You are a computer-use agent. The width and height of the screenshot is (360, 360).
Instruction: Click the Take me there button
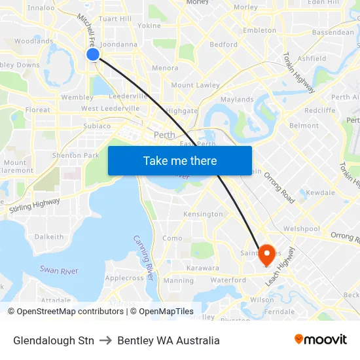pyautogui.click(x=179, y=160)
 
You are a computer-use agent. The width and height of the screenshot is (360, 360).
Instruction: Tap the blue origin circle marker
pyautogui.click(x=93, y=54)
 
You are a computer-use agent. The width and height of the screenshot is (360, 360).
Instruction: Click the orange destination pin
pyautogui.click(x=266, y=255)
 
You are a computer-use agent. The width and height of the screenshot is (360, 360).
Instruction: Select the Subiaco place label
pyautogui.click(x=98, y=126)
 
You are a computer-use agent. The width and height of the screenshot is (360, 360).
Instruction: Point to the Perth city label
pyautogui.click(x=164, y=135)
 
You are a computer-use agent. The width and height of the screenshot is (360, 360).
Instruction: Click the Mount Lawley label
pyautogui.click(x=195, y=85)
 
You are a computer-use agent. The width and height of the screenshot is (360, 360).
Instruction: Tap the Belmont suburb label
pyautogui.click(x=304, y=126)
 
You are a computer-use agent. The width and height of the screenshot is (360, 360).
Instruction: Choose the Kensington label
pyautogui.click(x=203, y=214)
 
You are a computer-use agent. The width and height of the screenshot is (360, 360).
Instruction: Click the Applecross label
pyautogui.click(x=124, y=278)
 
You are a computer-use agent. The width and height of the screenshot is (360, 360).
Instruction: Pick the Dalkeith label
pyautogui.click(x=49, y=237)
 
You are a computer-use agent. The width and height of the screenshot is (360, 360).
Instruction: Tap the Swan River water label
pyautogui.click(x=59, y=270)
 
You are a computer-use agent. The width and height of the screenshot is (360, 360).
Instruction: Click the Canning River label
pyautogui.click(x=143, y=258)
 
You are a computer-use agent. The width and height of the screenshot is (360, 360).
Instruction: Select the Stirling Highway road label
pyautogui.click(x=35, y=207)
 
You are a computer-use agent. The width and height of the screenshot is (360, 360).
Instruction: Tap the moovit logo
pyautogui.click(x=321, y=340)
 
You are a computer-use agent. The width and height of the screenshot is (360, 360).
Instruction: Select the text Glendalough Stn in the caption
pyautogui.click(x=53, y=340)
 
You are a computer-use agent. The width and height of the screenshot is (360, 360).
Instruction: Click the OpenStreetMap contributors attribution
pyautogui.click(x=68, y=312)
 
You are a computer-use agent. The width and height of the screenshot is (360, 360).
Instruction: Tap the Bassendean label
pyautogui.click(x=333, y=31)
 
